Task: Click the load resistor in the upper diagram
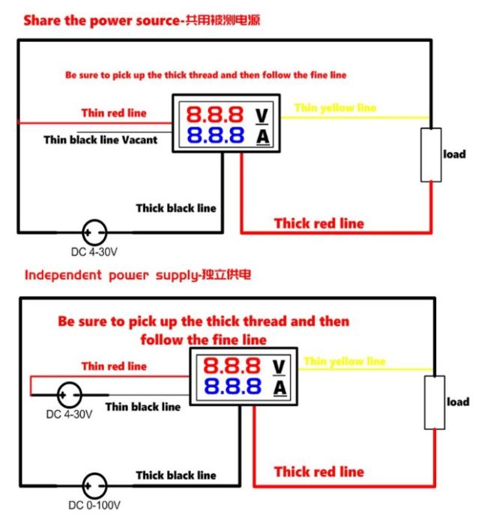point(431,155)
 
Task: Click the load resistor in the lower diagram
point(434,402)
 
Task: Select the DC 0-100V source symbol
point(94,486)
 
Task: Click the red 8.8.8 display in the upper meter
point(214,115)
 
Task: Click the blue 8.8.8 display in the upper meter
point(214,136)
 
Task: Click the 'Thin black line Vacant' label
point(100,139)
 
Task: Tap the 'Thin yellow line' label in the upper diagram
point(335,108)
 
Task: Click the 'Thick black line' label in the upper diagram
point(175,208)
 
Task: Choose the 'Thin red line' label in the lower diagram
point(114,366)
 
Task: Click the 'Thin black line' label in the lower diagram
point(142,407)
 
